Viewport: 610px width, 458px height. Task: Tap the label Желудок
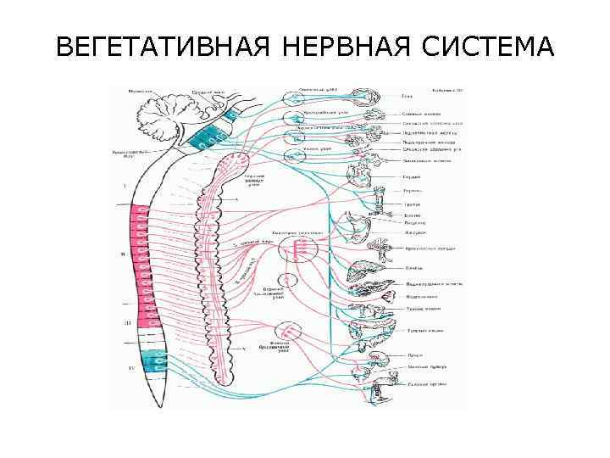click(x=414, y=231)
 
